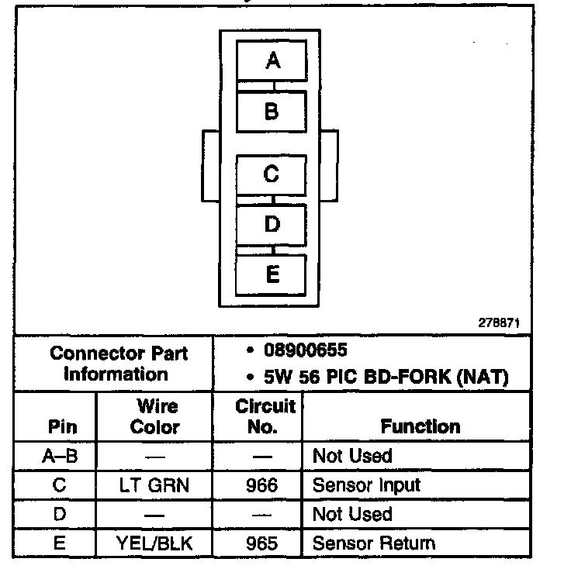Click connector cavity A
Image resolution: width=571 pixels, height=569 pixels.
click(272, 60)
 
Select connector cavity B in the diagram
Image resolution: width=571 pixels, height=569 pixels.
click(272, 112)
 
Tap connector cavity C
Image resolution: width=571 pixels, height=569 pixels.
click(272, 174)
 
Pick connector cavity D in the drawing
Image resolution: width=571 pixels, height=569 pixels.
click(272, 224)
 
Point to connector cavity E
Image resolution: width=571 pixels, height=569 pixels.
click(272, 274)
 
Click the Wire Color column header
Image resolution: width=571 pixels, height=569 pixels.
click(155, 416)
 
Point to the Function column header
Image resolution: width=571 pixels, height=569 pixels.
click(420, 426)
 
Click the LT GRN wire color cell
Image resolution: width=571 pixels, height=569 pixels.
click(155, 486)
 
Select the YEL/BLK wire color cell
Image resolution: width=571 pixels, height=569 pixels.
click(155, 543)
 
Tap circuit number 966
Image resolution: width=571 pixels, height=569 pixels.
click(258, 486)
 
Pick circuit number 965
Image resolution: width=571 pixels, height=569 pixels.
click(258, 543)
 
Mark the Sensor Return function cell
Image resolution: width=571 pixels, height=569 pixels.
click(373, 543)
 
